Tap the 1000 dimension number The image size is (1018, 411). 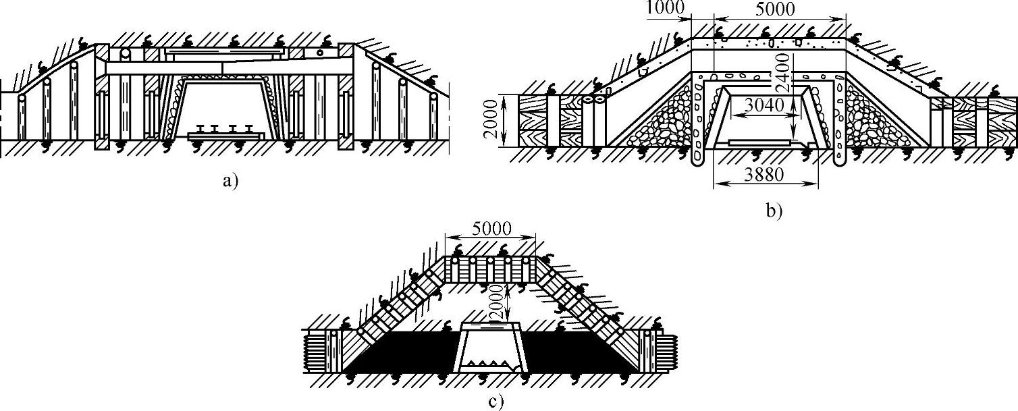(664, 9)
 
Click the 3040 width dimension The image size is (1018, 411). (761, 105)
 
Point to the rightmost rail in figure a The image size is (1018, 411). (250, 128)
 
